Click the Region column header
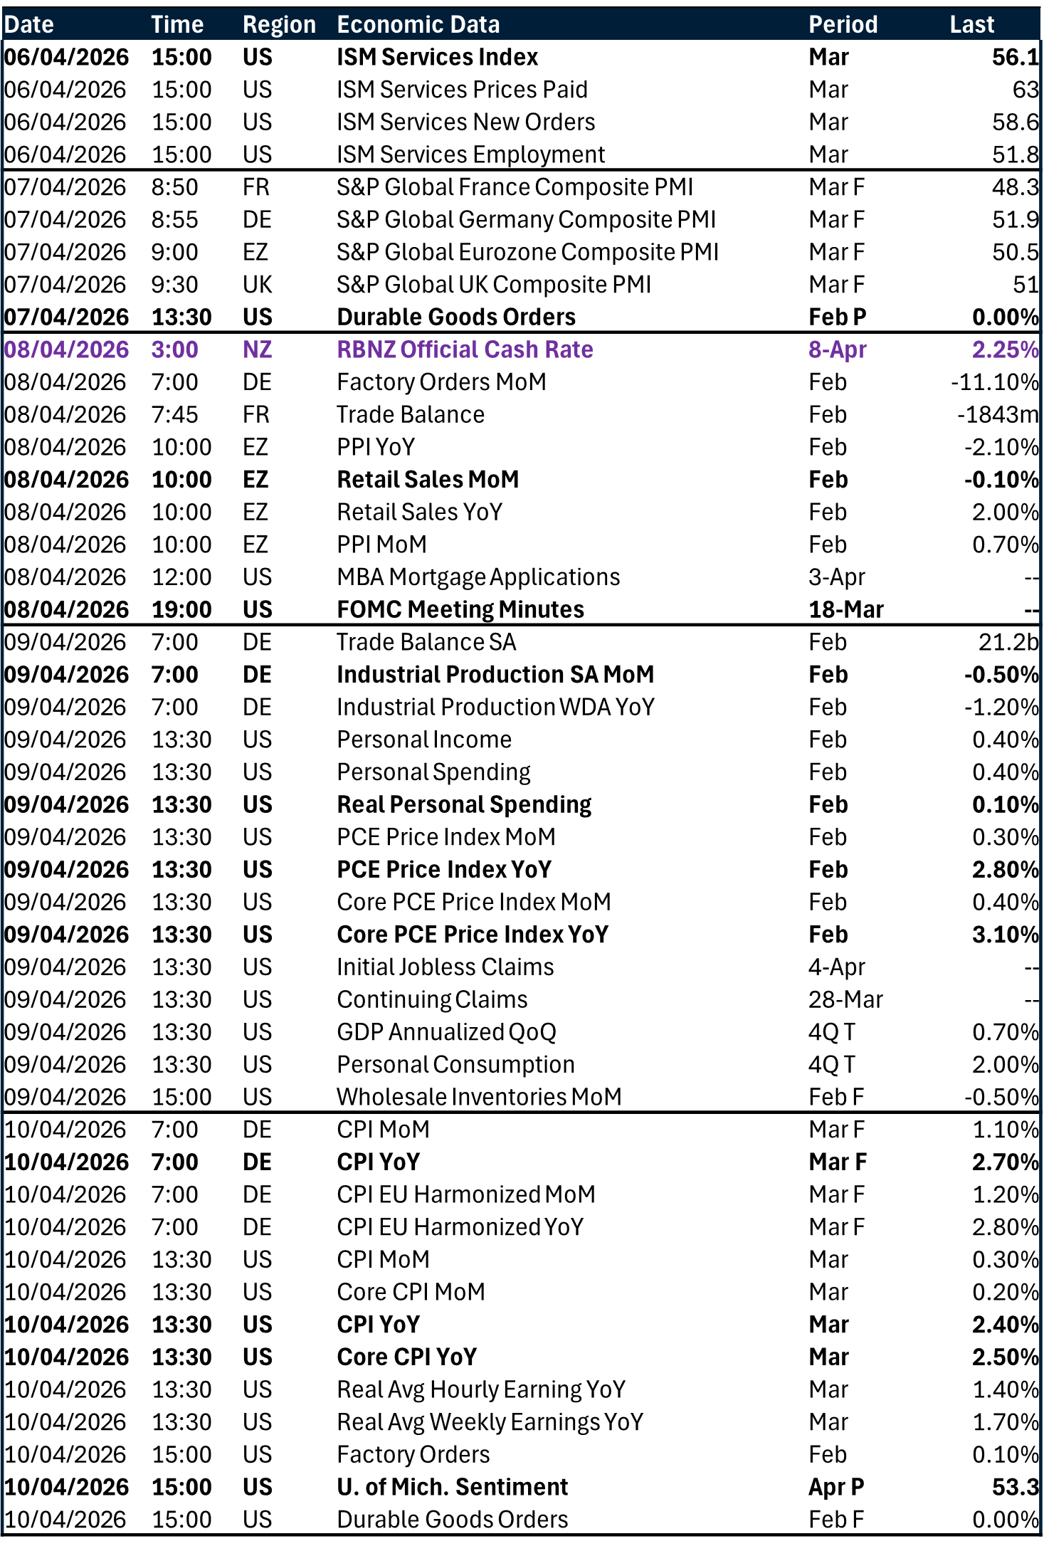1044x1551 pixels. click(x=279, y=24)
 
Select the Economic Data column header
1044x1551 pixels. click(x=418, y=24)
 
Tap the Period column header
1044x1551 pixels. click(x=843, y=24)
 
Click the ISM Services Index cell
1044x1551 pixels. click(x=437, y=57)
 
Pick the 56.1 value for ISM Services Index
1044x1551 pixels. click(x=1015, y=57)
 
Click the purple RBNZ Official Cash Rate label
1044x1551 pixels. click(x=465, y=349)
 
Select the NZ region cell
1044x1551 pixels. click(x=257, y=349)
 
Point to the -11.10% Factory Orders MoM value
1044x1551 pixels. click(x=994, y=382)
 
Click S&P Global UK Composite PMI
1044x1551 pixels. click(x=494, y=285)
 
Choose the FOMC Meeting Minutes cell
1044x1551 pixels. click(x=460, y=609)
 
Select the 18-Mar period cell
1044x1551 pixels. click(x=845, y=609)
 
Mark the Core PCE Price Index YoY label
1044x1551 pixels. click(x=473, y=935)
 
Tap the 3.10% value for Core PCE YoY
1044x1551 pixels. click(x=1005, y=935)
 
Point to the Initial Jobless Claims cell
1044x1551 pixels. click(x=445, y=967)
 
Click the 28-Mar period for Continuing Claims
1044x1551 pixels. click(x=845, y=999)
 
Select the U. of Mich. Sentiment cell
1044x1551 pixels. click(x=452, y=1487)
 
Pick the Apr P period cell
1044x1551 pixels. click(x=836, y=1487)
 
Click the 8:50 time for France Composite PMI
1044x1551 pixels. click(x=174, y=187)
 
